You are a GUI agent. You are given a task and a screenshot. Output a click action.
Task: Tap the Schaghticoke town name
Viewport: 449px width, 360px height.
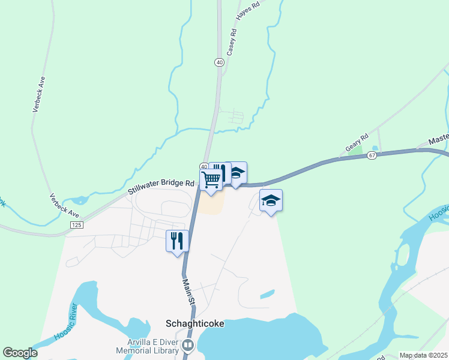point(194,323)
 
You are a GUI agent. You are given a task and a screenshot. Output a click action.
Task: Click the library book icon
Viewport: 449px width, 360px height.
point(188,346)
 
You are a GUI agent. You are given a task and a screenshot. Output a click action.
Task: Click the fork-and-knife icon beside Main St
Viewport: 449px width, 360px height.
point(177,241)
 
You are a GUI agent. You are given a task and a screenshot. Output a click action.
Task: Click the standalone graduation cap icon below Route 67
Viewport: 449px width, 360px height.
point(271,200)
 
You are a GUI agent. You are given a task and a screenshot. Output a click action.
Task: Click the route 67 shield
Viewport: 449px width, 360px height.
point(372,155)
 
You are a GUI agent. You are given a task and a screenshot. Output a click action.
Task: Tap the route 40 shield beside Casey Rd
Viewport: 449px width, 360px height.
point(219,62)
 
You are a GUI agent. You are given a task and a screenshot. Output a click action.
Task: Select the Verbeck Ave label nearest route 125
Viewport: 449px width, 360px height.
point(65,205)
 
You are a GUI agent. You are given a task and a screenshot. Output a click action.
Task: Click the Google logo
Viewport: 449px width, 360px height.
point(20,353)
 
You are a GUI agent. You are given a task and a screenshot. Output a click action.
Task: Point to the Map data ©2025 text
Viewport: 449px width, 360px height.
point(423,355)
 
